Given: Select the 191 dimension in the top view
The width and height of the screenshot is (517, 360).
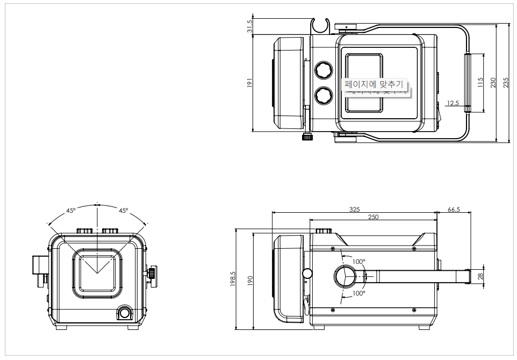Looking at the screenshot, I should (249, 83).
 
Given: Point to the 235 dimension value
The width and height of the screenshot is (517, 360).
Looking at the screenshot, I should (505, 83).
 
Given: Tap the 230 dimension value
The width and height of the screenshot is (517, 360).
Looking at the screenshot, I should (493, 83).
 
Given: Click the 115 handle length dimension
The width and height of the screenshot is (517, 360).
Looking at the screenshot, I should (480, 83).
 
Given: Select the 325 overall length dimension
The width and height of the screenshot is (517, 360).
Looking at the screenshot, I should (354, 209).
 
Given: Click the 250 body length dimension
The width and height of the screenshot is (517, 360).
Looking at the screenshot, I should (373, 217).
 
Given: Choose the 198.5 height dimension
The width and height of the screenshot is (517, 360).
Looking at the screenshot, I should (233, 279).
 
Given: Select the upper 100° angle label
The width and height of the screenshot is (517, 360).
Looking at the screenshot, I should (359, 261).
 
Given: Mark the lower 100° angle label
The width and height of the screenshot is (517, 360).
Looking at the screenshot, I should (359, 293).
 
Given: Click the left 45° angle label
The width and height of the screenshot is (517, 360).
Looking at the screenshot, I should (71, 211).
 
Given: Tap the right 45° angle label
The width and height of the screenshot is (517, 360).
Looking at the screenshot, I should (123, 211).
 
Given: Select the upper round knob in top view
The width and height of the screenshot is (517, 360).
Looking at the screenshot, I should (324, 70).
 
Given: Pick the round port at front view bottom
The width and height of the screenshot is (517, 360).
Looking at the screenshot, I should (125, 313).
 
